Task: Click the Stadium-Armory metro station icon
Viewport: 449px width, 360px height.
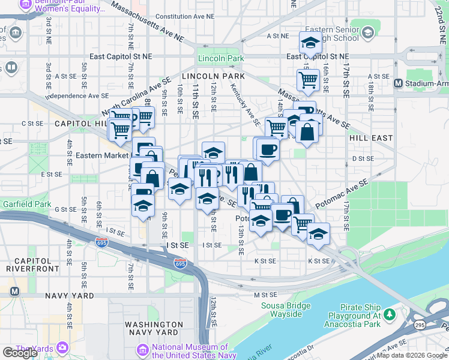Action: (397, 83)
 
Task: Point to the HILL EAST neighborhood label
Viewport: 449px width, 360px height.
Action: (370, 137)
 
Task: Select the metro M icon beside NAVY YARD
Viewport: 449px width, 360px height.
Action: (14, 292)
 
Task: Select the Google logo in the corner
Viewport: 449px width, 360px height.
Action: (20, 353)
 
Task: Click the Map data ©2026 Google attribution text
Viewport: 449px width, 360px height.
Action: (411, 355)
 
